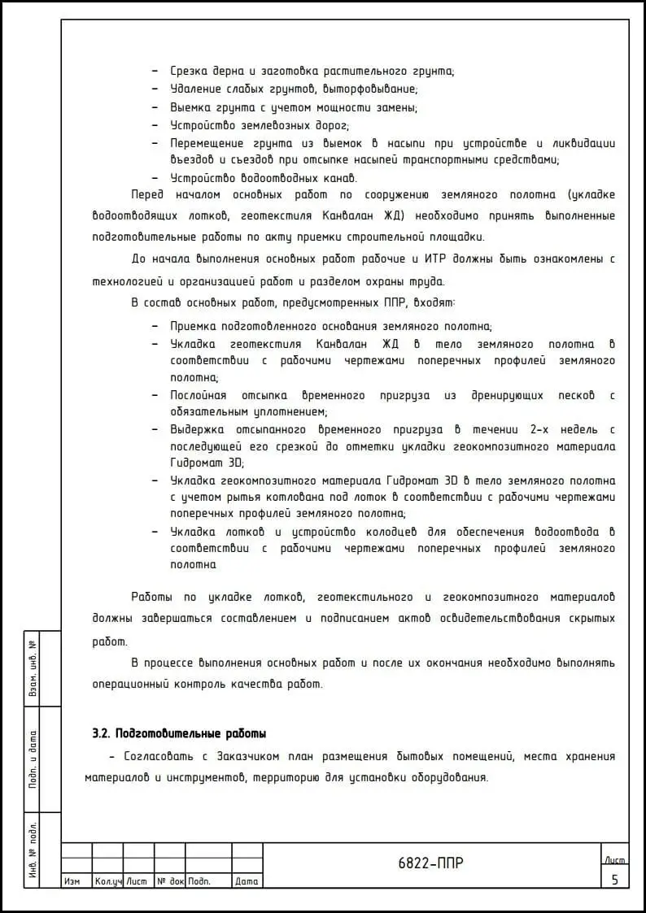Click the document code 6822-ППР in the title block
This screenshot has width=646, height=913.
click(431, 863)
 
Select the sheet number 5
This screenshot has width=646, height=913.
click(615, 879)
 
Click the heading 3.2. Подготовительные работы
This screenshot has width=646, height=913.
click(180, 733)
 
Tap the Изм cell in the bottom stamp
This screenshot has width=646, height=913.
click(72, 881)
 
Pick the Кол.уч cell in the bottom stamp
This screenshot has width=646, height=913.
click(107, 881)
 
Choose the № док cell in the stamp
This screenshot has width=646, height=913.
click(170, 881)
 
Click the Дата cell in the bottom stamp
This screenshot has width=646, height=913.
click(247, 881)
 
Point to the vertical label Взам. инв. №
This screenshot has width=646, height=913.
click(33, 668)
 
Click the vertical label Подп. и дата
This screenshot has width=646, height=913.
click(33, 759)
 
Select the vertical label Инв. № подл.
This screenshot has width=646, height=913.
click(33, 850)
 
